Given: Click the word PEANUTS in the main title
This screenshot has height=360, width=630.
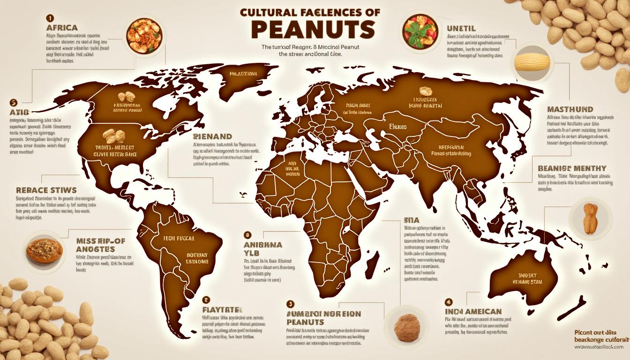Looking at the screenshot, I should pos(313,30).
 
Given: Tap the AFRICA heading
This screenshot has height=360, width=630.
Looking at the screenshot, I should pos(62,28).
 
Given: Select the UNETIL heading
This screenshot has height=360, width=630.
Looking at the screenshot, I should pos(461,29).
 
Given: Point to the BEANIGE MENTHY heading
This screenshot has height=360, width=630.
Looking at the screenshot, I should pos(572,168).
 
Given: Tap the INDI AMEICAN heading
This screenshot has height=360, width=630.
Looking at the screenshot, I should pos(473,311).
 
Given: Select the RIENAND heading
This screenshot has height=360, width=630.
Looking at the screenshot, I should pos(213,137).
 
